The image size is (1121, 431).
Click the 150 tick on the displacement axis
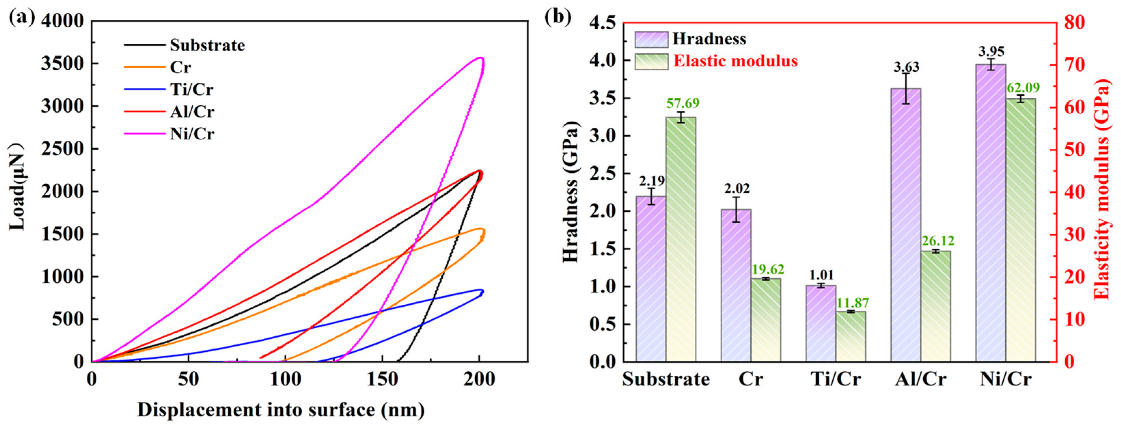(x=382, y=379)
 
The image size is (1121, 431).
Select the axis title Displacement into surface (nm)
(x=281, y=410)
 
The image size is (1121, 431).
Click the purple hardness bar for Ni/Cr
(x=991, y=213)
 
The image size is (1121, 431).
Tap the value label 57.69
(x=683, y=103)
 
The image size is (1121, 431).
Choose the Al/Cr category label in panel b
(x=921, y=379)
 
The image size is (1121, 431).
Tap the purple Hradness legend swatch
(x=651, y=39)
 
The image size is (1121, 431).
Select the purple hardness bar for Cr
(x=736, y=285)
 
